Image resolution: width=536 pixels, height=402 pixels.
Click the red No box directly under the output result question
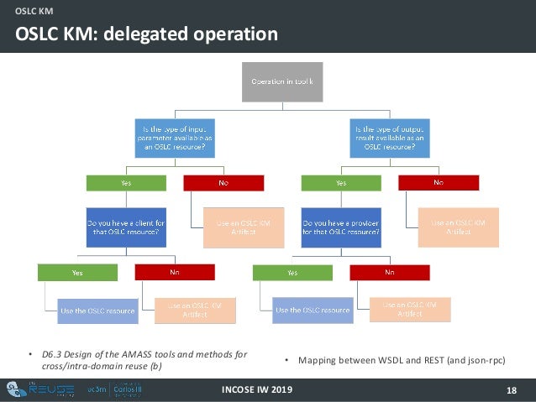tap(438, 182)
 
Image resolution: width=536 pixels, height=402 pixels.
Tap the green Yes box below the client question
tap(77, 272)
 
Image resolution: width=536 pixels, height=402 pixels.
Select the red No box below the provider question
tap(390, 272)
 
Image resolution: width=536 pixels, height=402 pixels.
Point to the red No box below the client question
tap(175, 272)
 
